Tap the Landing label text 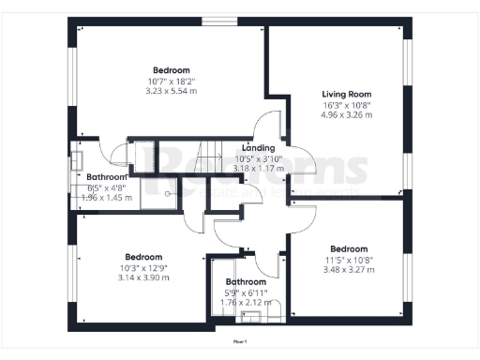pyautogui.click(x=258, y=148)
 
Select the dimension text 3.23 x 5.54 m pyautogui.click(x=172, y=91)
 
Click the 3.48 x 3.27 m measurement pyautogui.click(x=350, y=270)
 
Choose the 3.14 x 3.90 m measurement pyautogui.click(x=143, y=277)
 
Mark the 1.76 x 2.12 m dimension pyautogui.click(x=245, y=302)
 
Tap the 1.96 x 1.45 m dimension pyautogui.click(x=106, y=198)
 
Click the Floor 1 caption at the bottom pyautogui.click(x=240, y=343)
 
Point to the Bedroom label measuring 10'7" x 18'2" pyautogui.click(x=172, y=70)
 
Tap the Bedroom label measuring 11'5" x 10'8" pyautogui.click(x=350, y=249)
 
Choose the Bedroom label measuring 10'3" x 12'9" pyautogui.click(x=143, y=257)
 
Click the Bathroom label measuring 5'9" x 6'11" pyautogui.click(x=245, y=281)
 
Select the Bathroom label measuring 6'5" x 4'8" pyautogui.click(x=106, y=177)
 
